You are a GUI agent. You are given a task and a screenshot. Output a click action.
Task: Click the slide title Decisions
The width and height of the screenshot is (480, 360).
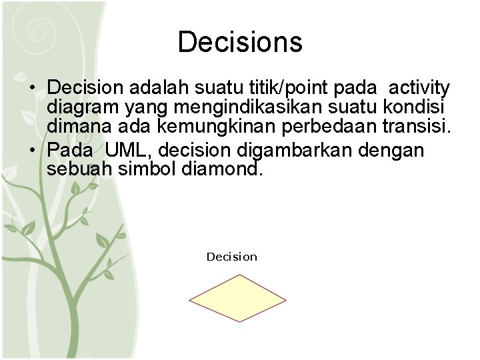coord(240,42)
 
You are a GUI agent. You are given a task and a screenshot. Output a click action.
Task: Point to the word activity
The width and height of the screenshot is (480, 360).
coord(419,88)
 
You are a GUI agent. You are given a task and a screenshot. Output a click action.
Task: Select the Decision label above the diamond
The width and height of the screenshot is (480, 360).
coord(231,257)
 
